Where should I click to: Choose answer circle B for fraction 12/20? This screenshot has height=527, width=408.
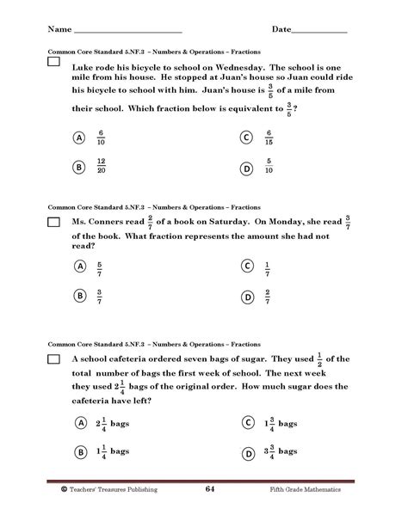pos(78,169)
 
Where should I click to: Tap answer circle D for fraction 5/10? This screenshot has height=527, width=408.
pos(247,169)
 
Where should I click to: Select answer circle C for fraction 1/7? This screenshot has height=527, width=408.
pos(247,267)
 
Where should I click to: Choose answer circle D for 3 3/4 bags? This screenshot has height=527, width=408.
pos(247,451)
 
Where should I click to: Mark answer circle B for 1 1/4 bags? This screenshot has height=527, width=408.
pos(78,451)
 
